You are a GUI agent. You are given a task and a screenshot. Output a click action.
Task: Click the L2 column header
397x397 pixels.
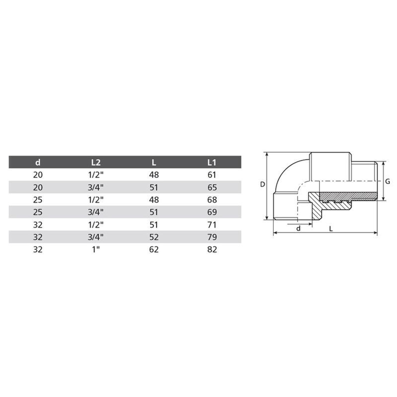[96, 162]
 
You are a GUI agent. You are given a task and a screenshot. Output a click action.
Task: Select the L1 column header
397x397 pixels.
[212, 162]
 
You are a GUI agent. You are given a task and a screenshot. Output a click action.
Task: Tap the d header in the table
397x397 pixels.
[38, 162]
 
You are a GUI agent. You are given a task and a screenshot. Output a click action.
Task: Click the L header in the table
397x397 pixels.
[154, 162]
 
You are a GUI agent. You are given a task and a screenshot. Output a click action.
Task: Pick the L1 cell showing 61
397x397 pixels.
[212, 175]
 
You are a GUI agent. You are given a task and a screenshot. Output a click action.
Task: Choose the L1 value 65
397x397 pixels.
[212, 187]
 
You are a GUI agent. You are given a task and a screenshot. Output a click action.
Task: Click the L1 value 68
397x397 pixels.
[212, 200]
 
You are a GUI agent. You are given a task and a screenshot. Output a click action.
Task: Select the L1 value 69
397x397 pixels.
[212, 212]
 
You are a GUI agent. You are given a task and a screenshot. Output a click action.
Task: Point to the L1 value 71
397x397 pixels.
[212, 225]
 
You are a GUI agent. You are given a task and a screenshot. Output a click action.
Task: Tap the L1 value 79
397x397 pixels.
[212, 237]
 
